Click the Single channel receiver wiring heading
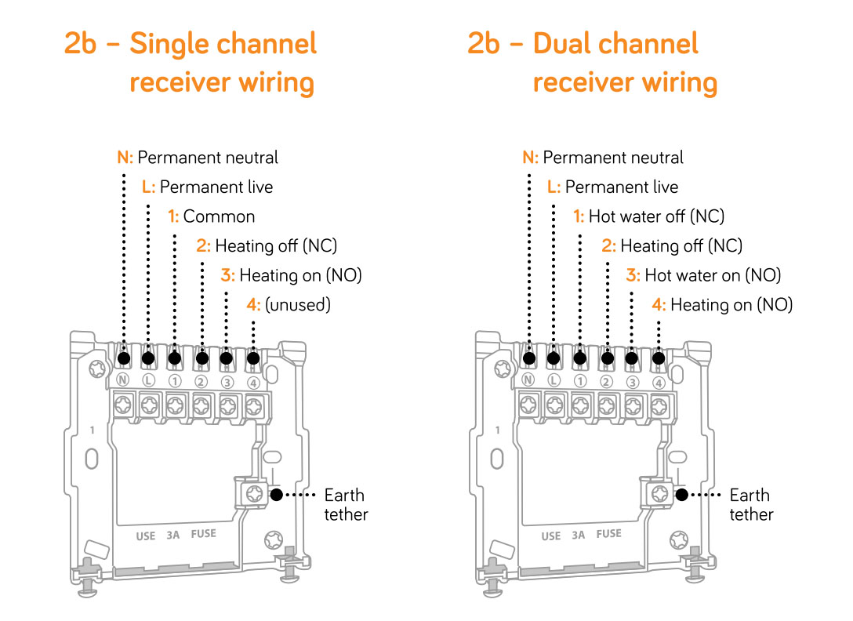(x=191, y=63)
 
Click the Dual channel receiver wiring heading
(x=593, y=63)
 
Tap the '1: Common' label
(x=212, y=216)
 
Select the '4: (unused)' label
(x=288, y=305)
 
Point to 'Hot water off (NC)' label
(x=648, y=216)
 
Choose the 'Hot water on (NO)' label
(x=703, y=275)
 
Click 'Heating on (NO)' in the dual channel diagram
(x=722, y=305)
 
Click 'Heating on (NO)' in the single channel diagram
(x=291, y=275)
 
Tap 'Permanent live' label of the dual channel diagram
(x=612, y=187)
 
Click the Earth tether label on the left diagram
(x=346, y=505)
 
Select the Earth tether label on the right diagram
(x=751, y=505)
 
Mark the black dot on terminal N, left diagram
(x=124, y=359)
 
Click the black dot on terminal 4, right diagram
(x=659, y=359)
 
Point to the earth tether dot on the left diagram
(x=276, y=495)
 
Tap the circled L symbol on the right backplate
(x=554, y=382)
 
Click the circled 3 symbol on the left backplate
(x=227, y=383)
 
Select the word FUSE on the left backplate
(x=203, y=534)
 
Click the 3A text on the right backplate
(x=579, y=536)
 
